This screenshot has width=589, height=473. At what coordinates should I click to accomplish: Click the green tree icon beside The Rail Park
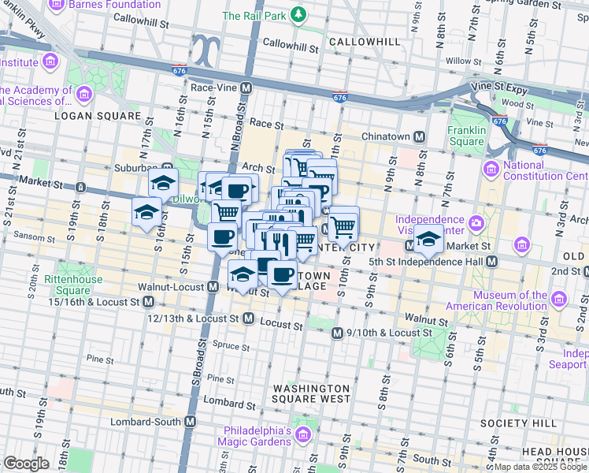click(x=298, y=15)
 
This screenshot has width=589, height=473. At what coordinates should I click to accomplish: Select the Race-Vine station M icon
click(x=246, y=88)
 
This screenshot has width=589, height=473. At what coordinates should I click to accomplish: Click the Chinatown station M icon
click(x=420, y=137)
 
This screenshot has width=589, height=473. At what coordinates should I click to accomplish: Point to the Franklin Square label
click(x=466, y=136)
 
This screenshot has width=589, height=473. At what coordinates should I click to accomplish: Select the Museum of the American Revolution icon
click(x=559, y=300)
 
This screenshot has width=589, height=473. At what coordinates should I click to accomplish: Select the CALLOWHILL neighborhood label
click(x=359, y=41)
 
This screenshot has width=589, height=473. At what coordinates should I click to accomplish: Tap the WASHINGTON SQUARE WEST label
click(x=311, y=393)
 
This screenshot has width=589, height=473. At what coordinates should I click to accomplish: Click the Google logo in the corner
click(x=26, y=464)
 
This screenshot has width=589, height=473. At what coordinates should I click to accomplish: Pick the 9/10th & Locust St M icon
click(x=338, y=333)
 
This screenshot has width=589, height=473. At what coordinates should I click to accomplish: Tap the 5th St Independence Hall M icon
click(x=491, y=261)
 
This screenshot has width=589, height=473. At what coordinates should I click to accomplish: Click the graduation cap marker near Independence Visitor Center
click(x=429, y=240)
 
